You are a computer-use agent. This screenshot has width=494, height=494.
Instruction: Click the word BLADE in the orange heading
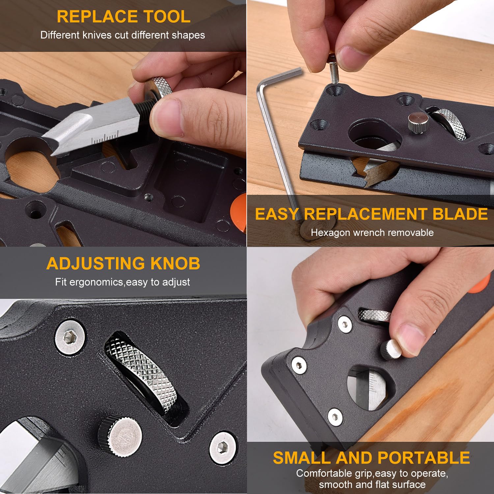click(460, 214)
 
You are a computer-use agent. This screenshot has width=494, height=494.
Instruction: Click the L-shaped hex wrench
click(277, 132)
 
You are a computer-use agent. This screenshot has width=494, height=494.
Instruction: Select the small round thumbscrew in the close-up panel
click(121, 436)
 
